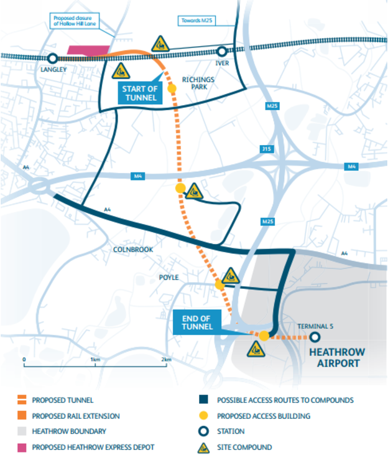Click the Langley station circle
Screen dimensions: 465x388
click(53, 59)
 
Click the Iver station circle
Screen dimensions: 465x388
click(222, 52)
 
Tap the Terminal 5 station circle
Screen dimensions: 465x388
click(315, 337)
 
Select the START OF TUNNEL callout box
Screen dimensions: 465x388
click(141, 93)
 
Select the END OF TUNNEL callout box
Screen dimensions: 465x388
click(198, 322)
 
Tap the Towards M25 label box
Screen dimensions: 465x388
click(198, 20)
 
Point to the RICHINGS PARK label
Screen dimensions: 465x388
click(198, 84)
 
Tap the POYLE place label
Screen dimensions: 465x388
click(168, 277)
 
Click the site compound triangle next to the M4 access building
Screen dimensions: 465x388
click(195, 190)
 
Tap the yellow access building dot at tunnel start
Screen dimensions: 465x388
click(172, 88)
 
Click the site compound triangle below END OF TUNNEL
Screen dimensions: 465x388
click(256, 350)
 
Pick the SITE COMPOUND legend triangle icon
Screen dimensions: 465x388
click(203, 447)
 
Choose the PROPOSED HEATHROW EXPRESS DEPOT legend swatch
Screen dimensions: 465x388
click(21, 447)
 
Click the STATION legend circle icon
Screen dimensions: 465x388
click(203, 431)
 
